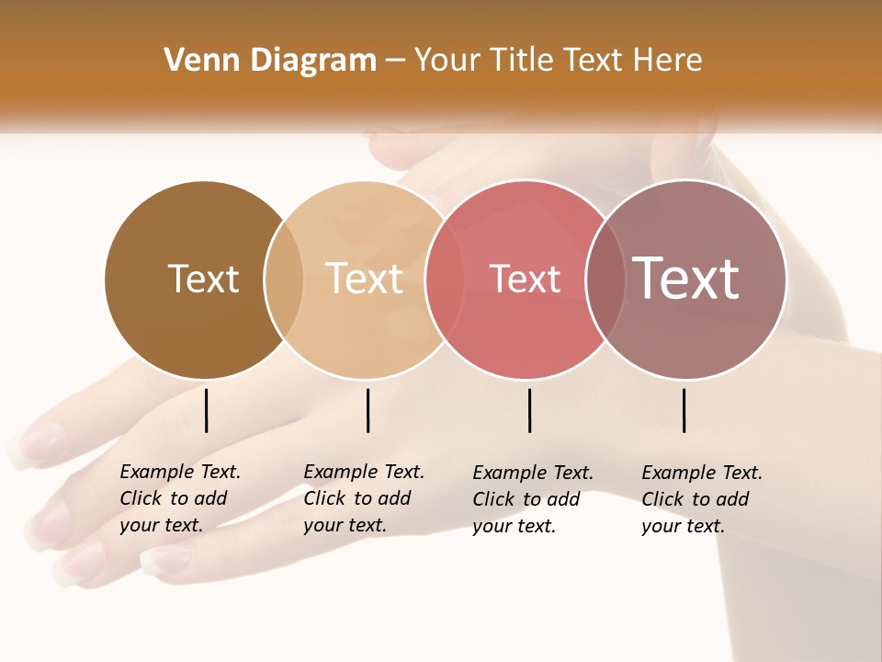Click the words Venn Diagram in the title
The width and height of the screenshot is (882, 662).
[x=270, y=61]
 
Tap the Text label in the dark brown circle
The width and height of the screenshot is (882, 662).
[x=203, y=279]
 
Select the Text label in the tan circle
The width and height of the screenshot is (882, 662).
[x=365, y=279]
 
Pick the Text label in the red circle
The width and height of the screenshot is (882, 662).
[x=525, y=279]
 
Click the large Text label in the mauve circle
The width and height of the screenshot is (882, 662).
[x=686, y=278]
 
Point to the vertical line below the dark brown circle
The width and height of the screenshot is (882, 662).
[x=206, y=410]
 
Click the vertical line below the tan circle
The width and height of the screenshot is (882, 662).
[x=367, y=410]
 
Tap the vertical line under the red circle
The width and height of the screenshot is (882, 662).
[x=529, y=410]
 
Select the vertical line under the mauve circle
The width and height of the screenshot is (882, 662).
[x=684, y=410]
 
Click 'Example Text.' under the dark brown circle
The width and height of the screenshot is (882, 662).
[x=180, y=472]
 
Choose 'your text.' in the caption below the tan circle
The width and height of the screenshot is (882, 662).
[x=345, y=525]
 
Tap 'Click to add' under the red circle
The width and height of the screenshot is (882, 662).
[x=526, y=499]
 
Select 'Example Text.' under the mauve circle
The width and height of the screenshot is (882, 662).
[x=702, y=473]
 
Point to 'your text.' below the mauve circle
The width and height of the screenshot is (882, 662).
[x=683, y=526]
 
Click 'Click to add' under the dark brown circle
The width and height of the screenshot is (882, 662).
[x=174, y=498]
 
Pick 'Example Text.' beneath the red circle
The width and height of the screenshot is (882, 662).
[x=533, y=473]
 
